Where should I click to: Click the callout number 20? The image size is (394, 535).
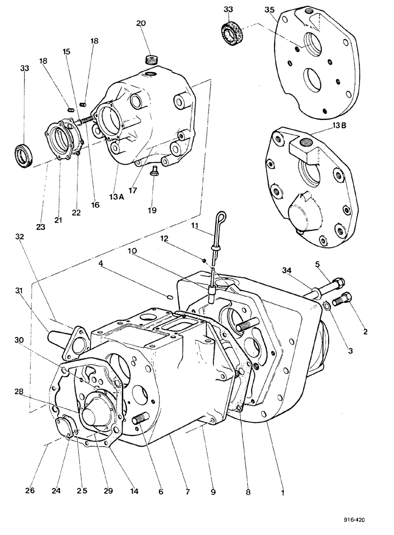(x=141, y=24)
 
